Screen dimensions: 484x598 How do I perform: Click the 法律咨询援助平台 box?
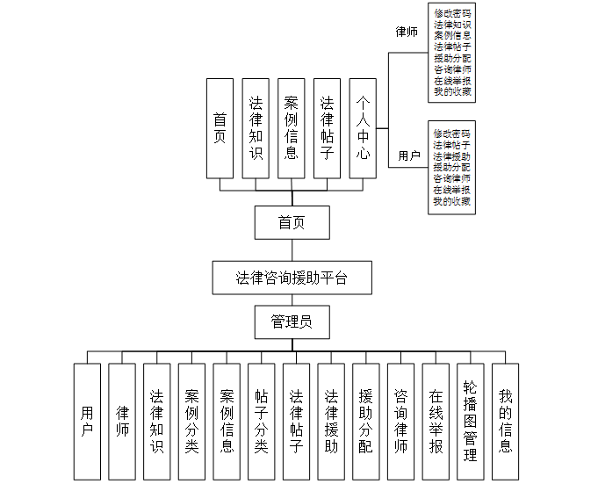coord(292,278)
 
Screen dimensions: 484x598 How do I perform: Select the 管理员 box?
coord(292,322)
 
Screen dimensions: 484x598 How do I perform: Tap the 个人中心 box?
coord(363,128)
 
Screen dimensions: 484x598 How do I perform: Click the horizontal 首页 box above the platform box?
coord(292,222)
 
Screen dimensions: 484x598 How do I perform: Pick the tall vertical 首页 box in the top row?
coord(220,128)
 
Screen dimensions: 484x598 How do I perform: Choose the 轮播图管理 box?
coord(470,422)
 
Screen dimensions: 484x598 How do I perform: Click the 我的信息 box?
coord(505,422)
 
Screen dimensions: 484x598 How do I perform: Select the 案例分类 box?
coord(191,422)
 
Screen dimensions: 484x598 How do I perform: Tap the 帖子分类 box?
coord(261,422)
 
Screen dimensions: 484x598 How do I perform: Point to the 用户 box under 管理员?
coord(87,422)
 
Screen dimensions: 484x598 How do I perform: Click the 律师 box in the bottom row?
coord(122,422)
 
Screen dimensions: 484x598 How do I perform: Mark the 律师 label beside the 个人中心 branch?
coord(407,33)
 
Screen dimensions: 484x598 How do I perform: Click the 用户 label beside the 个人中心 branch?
coord(409,155)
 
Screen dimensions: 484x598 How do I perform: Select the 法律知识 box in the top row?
coord(256,128)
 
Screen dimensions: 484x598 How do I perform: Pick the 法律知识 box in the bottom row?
coord(156,422)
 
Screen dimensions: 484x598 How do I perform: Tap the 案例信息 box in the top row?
coord(291,128)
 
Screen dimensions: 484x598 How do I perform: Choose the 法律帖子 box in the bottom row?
coord(296,422)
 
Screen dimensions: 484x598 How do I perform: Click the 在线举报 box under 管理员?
coord(436,422)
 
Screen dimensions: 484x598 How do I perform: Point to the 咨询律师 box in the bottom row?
coord(400,422)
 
